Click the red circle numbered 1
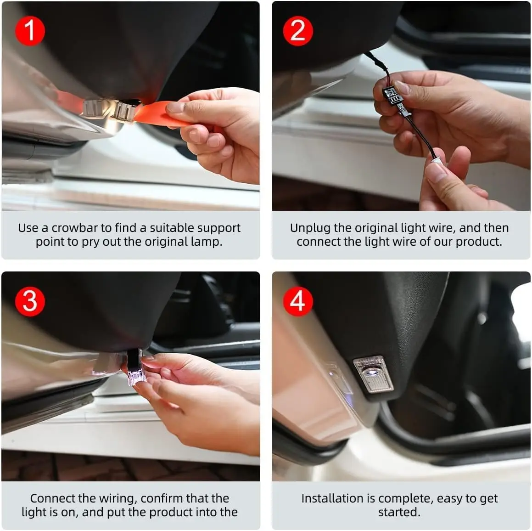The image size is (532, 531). point(30,31)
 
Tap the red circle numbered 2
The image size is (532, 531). point(298,31)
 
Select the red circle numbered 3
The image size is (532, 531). point(30,301)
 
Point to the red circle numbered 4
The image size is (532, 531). point(298,301)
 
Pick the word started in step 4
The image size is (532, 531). point(399,512)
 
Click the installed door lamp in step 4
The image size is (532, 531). point(373,374)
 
